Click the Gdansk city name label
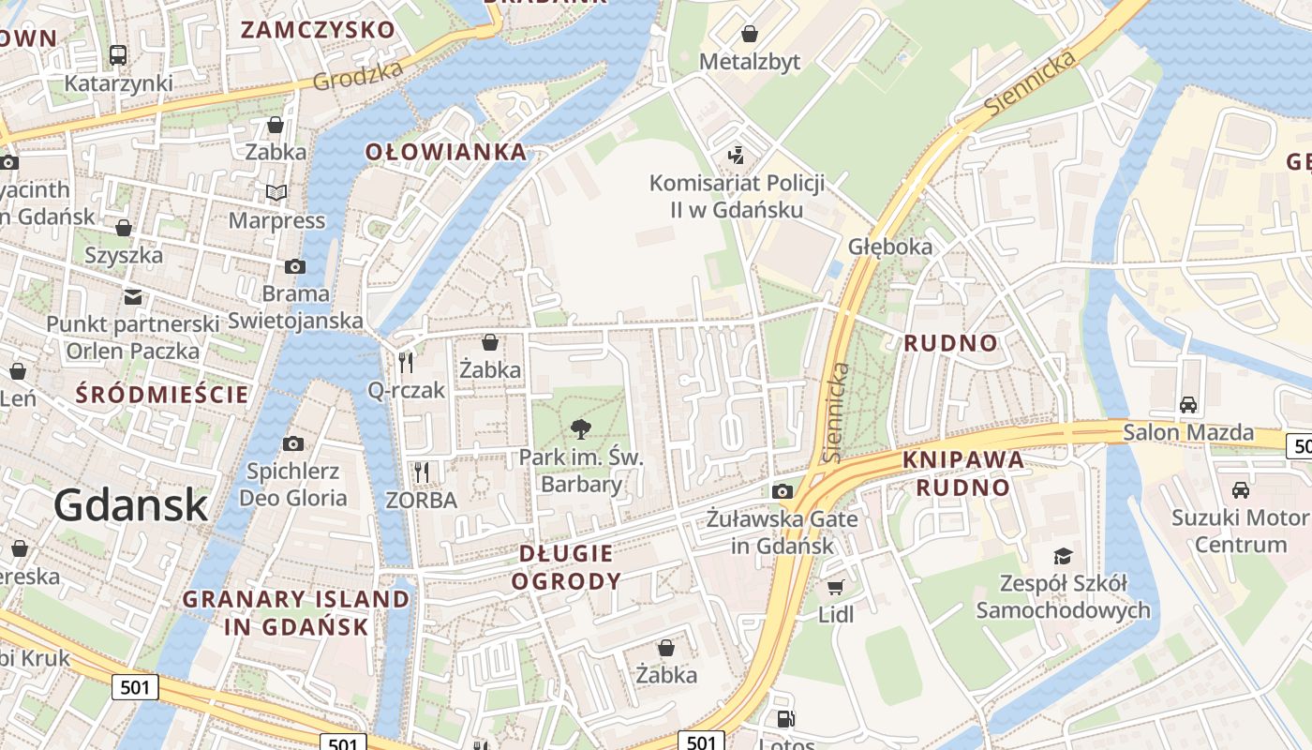(130, 505)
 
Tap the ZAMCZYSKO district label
(318, 29)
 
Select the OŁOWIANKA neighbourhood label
(446, 152)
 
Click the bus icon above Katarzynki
(118, 55)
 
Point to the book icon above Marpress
(276, 193)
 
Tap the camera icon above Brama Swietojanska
(295, 266)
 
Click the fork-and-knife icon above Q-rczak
(406, 363)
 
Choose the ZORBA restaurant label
(422, 500)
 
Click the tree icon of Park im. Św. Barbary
(581, 430)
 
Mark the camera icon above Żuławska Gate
(783, 491)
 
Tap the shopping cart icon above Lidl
(835, 588)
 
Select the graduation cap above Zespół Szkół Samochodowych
(1063, 556)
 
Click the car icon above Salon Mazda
(1188, 405)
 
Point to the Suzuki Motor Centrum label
(1240, 531)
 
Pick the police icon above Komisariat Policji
(737, 155)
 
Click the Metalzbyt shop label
(750, 61)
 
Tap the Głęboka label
(890, 247)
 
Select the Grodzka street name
(358, 75)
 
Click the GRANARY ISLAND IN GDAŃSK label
(295, 612)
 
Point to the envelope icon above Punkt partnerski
(133, 297)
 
